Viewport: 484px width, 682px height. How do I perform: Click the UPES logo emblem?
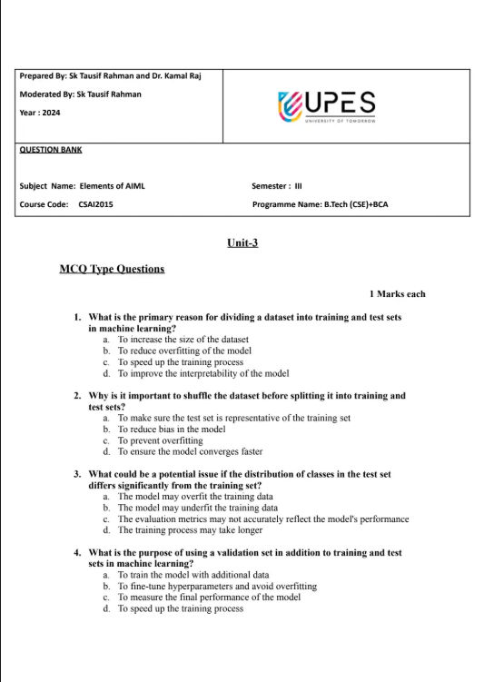[x=290, y=104]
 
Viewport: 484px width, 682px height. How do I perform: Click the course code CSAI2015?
[x=96, y=204]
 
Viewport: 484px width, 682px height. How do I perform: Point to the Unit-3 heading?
[x=242, y=242]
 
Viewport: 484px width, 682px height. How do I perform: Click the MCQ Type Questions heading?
[x=112, y=269]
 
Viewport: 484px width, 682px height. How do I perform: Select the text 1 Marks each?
[x=397, y=293]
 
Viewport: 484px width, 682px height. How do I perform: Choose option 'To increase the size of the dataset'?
[x=183, y=339]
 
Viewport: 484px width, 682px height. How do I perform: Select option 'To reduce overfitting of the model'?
[x=184, y=351]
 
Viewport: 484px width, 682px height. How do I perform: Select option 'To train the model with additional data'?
[x=193, y=575]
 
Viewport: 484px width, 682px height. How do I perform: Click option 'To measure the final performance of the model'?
[x=209, y=598]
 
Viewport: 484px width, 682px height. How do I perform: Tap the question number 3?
[x=78, y=474]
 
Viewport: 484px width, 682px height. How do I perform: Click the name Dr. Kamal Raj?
[x=173, y=75]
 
